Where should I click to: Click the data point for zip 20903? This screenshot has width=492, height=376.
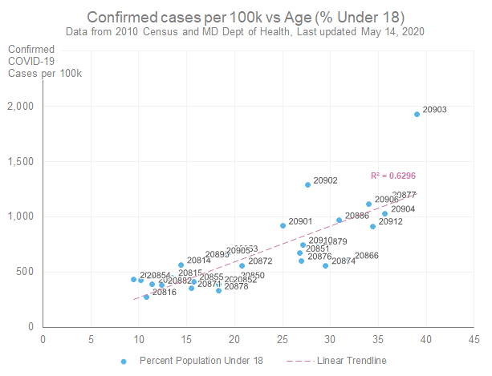point(417,114)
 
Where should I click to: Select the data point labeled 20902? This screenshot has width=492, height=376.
point(307,184)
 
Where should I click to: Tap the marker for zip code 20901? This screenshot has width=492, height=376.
point(283,225)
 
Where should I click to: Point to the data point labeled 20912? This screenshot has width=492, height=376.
point(372,226)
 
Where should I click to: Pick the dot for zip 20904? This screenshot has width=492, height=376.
point(384,213)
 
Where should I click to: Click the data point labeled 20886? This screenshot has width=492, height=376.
point(339,220)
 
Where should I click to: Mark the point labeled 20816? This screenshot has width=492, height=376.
point(146,297)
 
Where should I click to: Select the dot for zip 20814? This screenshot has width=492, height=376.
point(181,265)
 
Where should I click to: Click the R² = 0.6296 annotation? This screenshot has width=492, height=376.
point(392,176)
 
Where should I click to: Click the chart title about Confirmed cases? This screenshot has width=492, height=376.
point(246,17)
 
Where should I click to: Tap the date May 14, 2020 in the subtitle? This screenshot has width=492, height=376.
point(390,31)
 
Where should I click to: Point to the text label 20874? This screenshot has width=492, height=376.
point(344,261)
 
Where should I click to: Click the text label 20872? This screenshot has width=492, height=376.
point(260,261)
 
